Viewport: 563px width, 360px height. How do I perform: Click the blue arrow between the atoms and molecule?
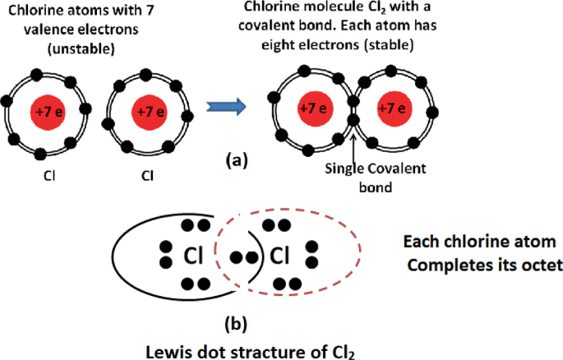(226, 107)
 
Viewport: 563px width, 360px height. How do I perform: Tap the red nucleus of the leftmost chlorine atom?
(48, 112)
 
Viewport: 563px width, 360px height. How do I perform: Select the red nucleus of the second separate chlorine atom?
(150, 112)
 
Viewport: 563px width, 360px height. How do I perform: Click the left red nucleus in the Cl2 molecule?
(316, 108)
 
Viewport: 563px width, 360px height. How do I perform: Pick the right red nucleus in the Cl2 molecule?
(394, 108)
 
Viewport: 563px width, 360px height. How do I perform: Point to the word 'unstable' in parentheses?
(81, 48)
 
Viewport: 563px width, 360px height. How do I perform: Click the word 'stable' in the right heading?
(389, 45)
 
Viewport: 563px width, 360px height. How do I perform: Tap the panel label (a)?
(237, 160)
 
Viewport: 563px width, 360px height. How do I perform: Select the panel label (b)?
(236, 324)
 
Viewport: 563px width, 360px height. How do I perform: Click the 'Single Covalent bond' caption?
(376, 178)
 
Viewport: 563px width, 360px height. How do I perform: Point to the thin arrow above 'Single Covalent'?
(354, 148)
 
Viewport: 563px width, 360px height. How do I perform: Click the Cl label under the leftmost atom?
(49, 176)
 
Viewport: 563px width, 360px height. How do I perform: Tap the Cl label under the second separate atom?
(147, 176)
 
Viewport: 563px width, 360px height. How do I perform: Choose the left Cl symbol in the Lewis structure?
(193, 256)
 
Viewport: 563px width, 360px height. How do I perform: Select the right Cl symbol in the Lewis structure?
(279, 256)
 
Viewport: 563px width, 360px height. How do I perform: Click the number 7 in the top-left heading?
(150, 10)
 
